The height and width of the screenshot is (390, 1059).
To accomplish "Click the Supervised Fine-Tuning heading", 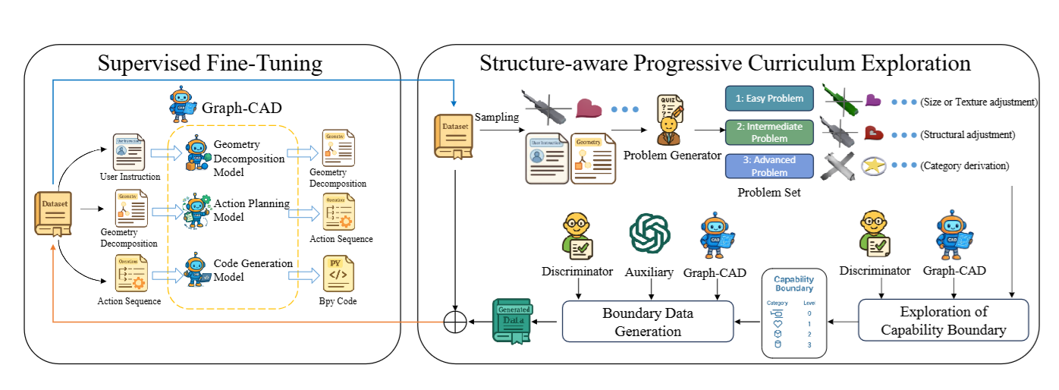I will (210, 64).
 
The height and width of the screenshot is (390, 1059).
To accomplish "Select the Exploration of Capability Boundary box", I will (943, 319).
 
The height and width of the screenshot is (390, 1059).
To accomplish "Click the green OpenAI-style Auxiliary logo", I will (649, 233).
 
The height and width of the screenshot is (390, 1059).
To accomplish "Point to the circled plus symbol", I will (454, 322).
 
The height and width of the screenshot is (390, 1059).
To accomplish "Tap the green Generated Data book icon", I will (514, 321).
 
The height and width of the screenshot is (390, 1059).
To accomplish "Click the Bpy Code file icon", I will (339, 274).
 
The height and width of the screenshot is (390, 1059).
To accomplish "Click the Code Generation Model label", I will (253, 270).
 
